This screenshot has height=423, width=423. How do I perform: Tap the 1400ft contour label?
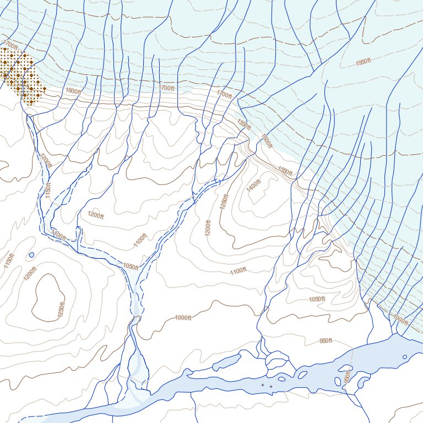pyautogui.click(x=254, y=186)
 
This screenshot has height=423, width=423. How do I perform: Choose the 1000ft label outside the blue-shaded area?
pyautogui.click(x=183, y=318)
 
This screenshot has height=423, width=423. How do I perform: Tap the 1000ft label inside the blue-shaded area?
pyautogui.click(x=400, y=319)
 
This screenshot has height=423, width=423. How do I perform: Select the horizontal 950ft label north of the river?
pyautogui.click(x=326, y=341)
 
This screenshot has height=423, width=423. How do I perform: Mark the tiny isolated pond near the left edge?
pyautogui.click(x=31, y=255)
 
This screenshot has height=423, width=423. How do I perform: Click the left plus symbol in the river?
pyautogui.click(x=263, y=385)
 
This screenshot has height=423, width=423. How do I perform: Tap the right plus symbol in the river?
pyautogui.click(x=271, y=387)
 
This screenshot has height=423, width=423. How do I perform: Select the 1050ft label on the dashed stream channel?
pyautogui.click(x=131, y=267)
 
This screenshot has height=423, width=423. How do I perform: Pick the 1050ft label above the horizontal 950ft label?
pyautogui.click(x=317, y=299)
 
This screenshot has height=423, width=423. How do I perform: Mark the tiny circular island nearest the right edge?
pyautogui.click(x=338, y=381)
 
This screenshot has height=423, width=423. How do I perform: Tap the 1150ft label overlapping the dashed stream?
pyautogui.click(x=48, y=191)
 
